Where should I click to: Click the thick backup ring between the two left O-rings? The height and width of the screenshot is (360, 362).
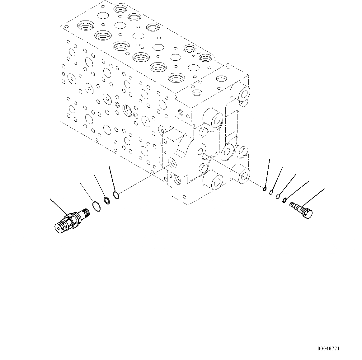106,201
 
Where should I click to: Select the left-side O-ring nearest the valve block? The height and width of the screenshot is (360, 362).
116,195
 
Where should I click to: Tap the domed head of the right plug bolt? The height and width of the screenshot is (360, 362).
308,214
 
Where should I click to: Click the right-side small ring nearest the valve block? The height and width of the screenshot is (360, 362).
265,188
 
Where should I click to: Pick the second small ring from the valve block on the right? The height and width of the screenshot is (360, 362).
271,192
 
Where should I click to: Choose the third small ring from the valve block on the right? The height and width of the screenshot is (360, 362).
278,196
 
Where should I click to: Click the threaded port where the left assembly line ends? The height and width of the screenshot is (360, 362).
172,162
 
